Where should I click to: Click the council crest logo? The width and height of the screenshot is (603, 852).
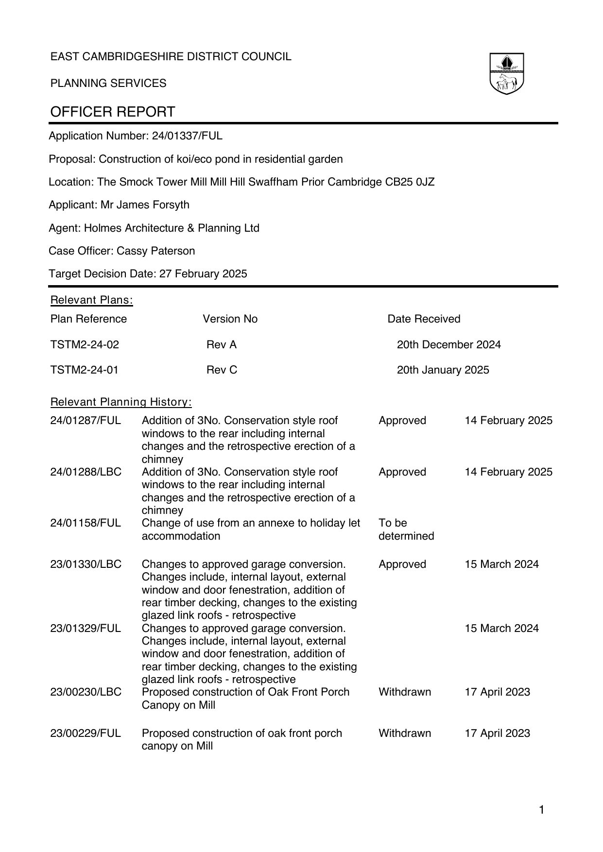pos(506,74)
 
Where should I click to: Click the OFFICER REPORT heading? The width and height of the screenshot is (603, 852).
pos(113,112)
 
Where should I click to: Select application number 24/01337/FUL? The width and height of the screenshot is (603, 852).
pos(187,136)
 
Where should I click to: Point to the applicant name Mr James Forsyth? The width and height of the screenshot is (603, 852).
pos(145,205)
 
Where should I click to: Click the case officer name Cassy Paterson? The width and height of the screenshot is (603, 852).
pos(156,251)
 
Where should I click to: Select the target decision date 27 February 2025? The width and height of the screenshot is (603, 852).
pos(203,274)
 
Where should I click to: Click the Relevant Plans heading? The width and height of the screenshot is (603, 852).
pos(92,300)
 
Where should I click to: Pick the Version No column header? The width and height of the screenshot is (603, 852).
pos(230,319)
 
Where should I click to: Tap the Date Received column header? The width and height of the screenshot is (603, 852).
pos(424,319)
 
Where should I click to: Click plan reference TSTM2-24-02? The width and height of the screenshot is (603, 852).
pos(85,345)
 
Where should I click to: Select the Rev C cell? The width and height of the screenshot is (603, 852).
pos(222,370)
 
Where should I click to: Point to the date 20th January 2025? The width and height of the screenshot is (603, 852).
pos(443,370)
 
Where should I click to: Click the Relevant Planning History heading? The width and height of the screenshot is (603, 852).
pos(121,402)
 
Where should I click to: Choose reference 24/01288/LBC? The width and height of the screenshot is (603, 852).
pos(86,472)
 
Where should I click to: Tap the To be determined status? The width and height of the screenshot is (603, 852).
pos(406,529)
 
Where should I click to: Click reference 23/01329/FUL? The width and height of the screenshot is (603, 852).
pos(86,629)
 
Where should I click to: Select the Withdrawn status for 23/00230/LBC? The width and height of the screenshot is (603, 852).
pos(404,692)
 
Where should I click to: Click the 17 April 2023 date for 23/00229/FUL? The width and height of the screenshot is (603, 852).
pos(497,733)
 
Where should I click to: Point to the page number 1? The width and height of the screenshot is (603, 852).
pos(542,810)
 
